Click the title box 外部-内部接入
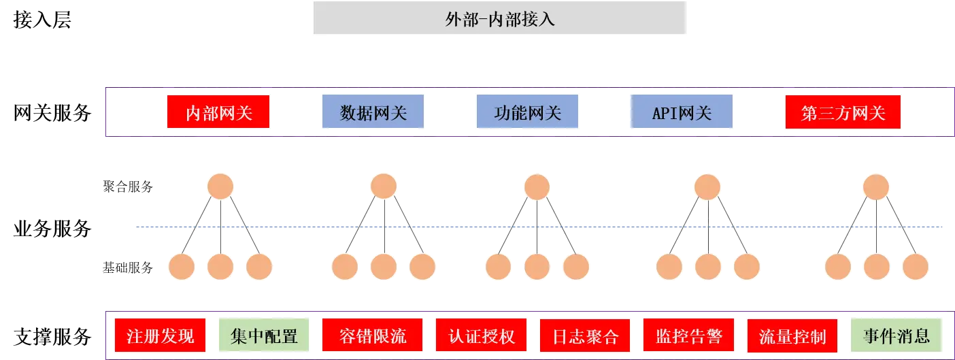point(501,19)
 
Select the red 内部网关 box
point(218,112)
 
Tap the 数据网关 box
point(375,112)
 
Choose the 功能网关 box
point(528,112)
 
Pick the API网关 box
point(681,112)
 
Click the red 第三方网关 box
point(843,112)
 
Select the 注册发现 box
point(161,335)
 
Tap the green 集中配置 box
point(263,335)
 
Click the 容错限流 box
point(372,335)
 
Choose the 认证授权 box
point(482,335)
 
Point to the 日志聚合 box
point(586,335)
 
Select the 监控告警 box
point(688,335)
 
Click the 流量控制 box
point(792,335)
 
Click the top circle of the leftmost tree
point(220,186)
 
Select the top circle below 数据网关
point(384,186)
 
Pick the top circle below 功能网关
point(537,186)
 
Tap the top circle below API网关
point(707,186)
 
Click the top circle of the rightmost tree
point(875,186)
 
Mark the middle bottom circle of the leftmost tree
point(220,267)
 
